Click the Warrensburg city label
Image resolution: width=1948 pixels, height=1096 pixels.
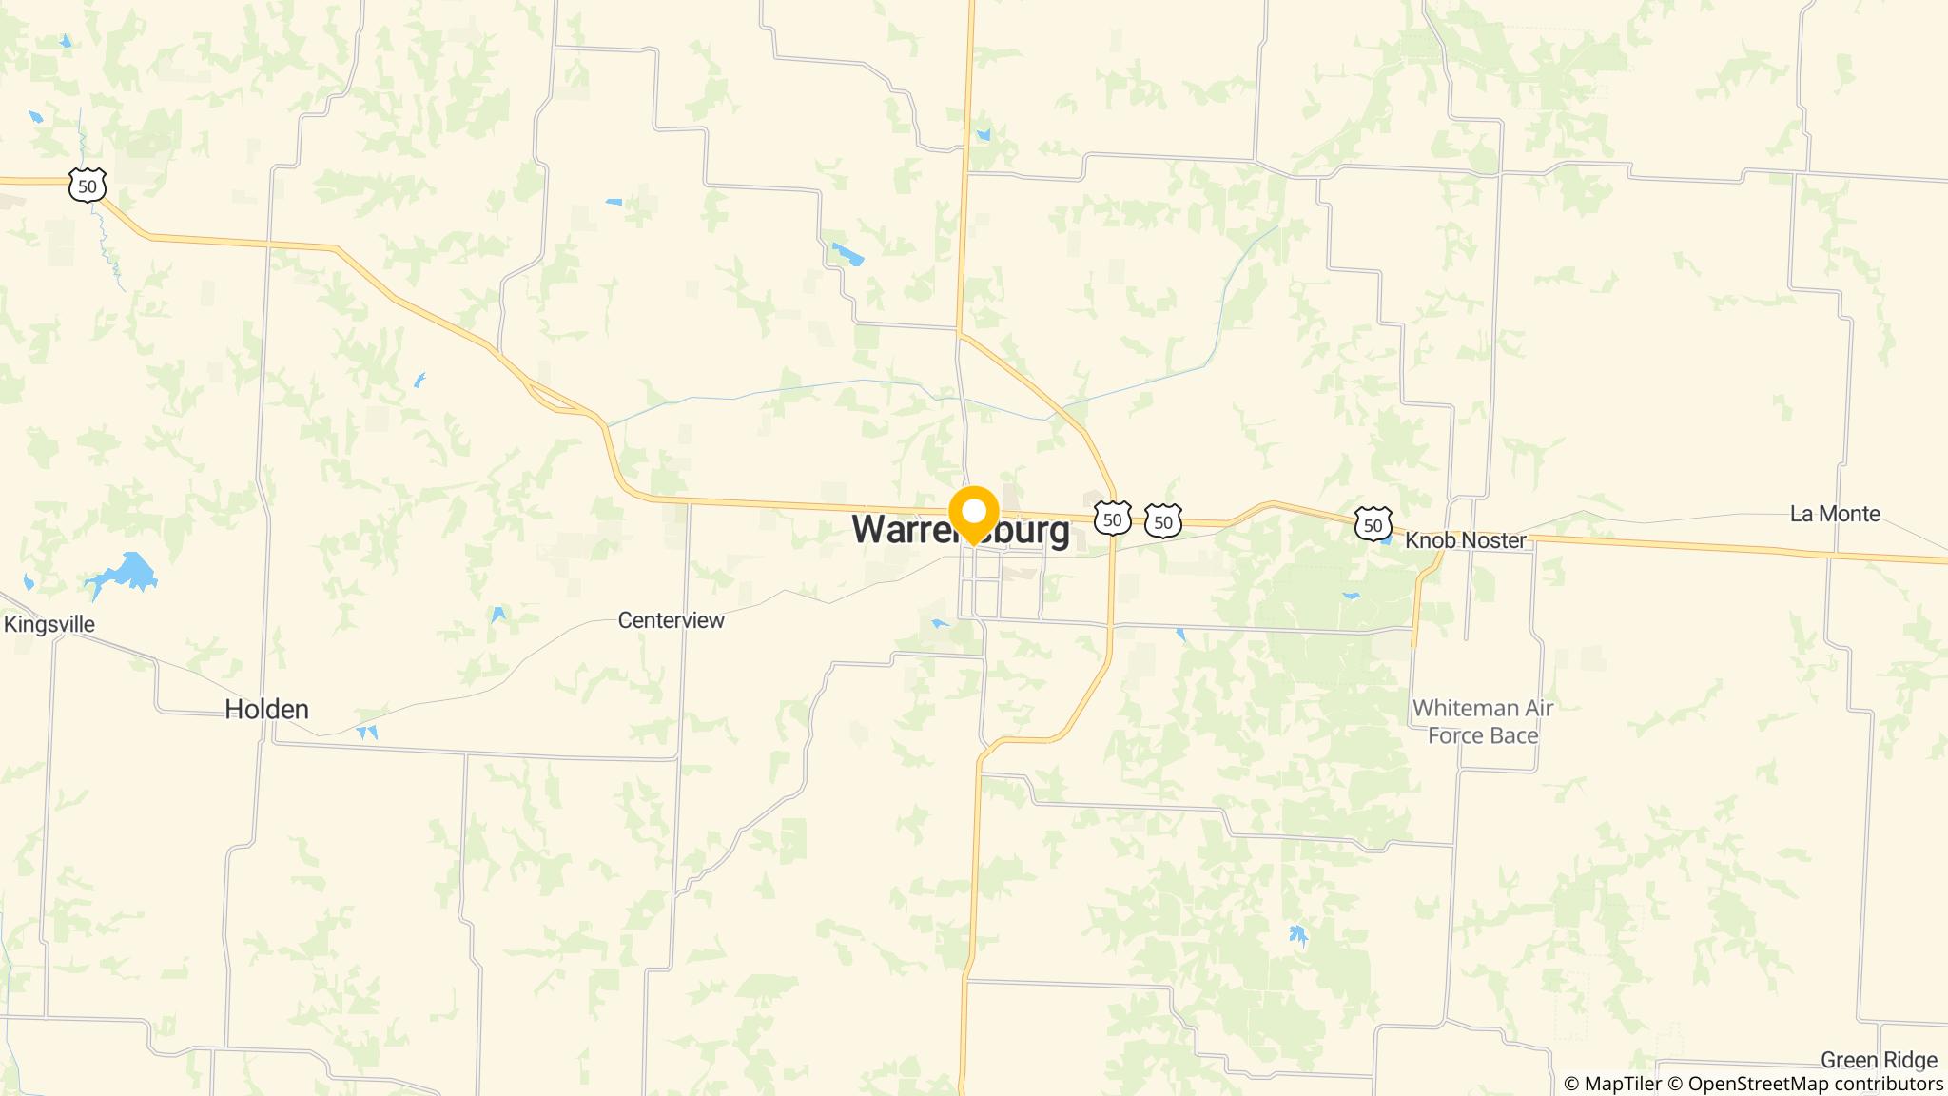960,531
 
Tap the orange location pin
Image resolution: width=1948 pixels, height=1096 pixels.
973,514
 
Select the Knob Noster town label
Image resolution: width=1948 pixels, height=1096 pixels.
1465,540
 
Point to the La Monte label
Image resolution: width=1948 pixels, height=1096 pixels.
1834,514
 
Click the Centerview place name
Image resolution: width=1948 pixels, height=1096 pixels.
671,620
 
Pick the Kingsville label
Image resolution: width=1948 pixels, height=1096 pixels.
49,625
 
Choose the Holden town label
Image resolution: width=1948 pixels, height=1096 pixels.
266,709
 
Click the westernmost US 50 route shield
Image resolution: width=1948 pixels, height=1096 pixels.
88,186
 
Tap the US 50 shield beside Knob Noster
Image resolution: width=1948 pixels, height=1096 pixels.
1373,525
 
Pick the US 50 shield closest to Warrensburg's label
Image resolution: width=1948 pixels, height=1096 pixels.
1112,519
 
